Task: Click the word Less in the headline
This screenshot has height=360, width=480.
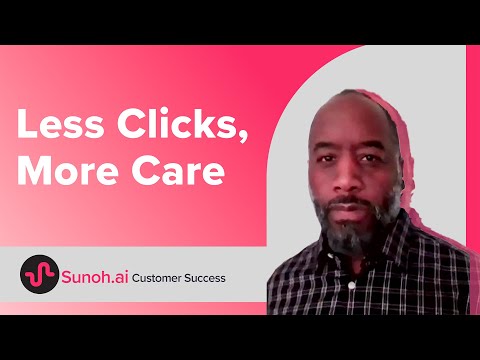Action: click(x=60, y=123)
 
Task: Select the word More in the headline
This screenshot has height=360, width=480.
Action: click(x=68, y=170)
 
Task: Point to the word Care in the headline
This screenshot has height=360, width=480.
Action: click(x=178, y=170)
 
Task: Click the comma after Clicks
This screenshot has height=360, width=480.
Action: click(x=243, y=136)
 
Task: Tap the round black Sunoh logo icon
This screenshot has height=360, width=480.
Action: click(x=40, y=274)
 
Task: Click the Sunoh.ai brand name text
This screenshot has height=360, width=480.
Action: click(x=95, y=277)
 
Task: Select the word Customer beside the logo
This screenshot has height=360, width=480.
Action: click(x=157, y=278)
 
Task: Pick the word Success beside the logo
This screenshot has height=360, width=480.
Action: click(x=205, y=278)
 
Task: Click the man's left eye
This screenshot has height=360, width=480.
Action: click(x=368, y=158)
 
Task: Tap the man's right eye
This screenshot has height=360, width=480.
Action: click(x=326, y=159)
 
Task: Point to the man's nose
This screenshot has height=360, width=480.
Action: click(x=345, y=178)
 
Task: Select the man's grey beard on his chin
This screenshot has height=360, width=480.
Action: click(x=348, y=230)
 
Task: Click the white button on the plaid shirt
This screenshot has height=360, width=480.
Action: click(x=351, y=285)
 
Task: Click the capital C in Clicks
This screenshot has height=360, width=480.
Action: click(x=130, y=123)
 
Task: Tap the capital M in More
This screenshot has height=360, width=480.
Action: click(x=34, y=170)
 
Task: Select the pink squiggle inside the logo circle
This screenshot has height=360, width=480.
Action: click(x=40, y=275)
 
